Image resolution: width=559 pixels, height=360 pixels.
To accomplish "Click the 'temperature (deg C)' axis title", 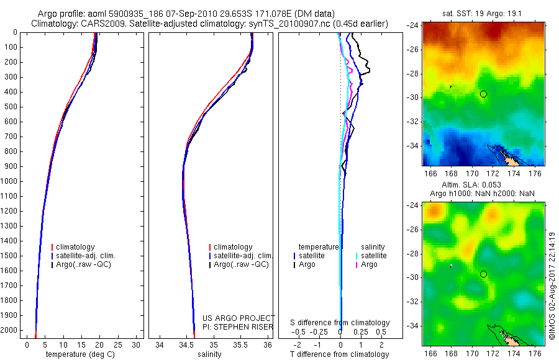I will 79,354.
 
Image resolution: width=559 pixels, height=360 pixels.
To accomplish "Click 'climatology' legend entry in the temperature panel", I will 75,247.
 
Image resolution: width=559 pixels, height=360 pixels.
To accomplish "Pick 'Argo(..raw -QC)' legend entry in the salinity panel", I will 241,264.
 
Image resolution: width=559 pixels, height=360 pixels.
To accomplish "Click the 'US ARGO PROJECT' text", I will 238,318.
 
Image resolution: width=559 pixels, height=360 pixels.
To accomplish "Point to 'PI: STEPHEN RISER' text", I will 238,326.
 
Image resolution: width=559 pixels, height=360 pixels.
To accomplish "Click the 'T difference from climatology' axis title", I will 340,354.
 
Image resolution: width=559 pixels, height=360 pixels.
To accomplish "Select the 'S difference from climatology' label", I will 340,323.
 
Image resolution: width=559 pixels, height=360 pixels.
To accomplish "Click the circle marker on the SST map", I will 483,94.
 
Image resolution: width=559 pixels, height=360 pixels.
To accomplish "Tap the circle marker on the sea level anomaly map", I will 483,274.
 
